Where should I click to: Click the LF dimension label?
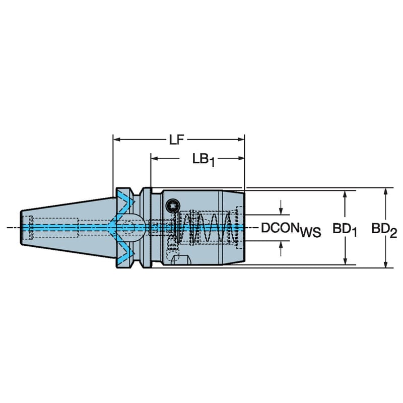click(x=176, y=140)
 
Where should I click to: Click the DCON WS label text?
click(x=291, y=229)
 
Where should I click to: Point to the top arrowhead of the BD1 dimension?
click(x=345, y=194)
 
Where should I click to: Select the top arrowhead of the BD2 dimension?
click(x=385, y=192)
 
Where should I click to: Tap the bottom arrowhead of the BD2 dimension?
click(x=385, y=264)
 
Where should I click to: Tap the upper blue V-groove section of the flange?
click(x=123, y=201)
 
